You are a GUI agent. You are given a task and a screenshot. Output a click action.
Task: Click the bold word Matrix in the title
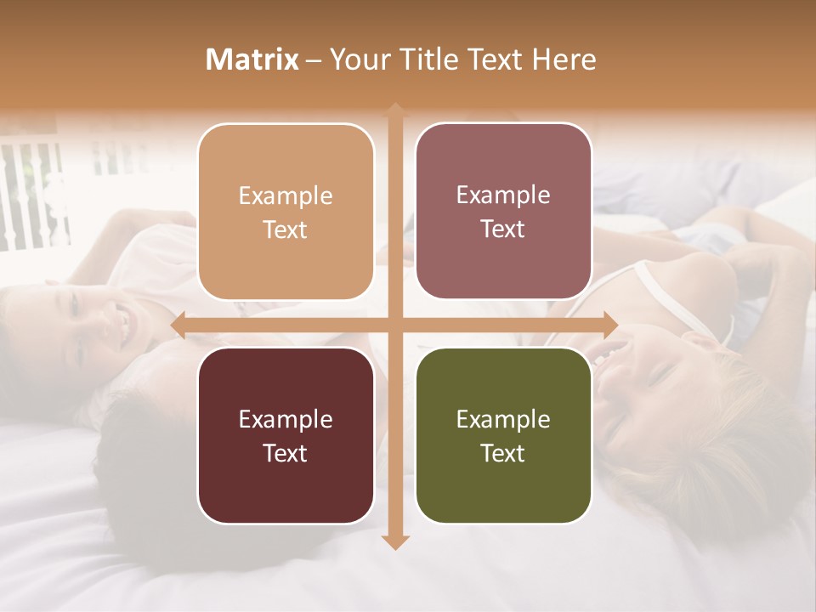pos(252,59)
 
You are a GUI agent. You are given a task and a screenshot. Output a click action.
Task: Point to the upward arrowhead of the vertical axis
pos(395,110)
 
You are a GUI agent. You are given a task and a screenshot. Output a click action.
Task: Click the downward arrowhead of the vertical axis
pos(395,541)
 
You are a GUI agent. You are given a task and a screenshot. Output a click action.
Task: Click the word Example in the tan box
pos(286,196)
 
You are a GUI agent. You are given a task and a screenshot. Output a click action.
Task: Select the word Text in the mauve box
pos(503,229)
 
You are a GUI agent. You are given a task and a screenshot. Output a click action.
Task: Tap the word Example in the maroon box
pos(286,420)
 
